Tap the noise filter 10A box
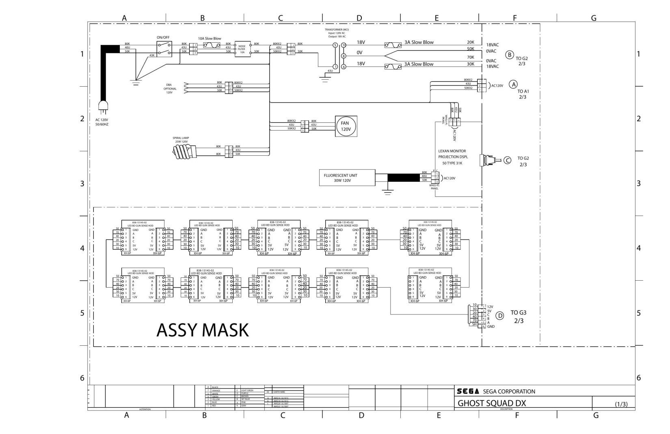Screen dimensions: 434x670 click(x=242, y=49)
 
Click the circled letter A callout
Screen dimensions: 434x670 click(x=514, y=84)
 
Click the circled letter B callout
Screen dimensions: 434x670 click(x=509, y=55)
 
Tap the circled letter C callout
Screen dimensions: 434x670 click(x=508, y=160)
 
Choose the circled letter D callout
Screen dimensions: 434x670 click(x=500, y=315)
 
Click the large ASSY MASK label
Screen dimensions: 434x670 click(x=202, y=330)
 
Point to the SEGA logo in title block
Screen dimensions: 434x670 click(x=468, y=391)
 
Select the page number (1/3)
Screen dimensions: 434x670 click(x=621, y=404)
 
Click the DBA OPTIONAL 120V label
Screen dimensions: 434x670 click(x=170, y=89)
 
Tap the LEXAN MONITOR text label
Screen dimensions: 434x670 click(x=452, y=151)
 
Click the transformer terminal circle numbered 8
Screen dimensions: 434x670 click(x=344, y=56)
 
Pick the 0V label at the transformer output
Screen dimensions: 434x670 click(x=359, y=53)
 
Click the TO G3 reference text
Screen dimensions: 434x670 click(x=519, y=312)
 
